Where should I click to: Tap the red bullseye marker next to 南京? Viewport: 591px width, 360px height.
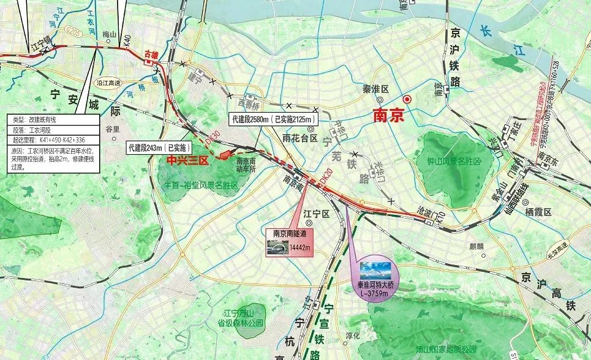[406, 99]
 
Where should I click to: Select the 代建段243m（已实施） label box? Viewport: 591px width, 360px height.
[159, 148]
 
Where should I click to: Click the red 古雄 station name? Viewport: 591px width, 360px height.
[151, 55]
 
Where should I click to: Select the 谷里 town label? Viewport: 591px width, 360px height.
[113, 129]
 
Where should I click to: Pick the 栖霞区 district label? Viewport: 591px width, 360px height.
[539, 212]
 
